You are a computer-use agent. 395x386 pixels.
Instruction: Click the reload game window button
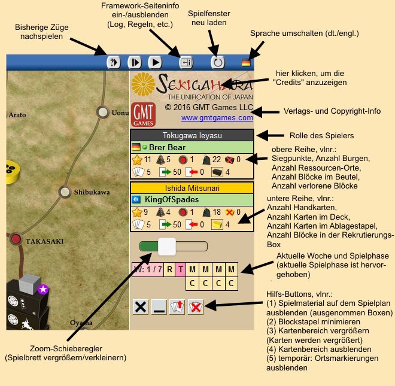218,62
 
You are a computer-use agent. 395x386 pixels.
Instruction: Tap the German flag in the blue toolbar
246,62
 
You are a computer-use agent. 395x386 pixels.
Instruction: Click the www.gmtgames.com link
217,118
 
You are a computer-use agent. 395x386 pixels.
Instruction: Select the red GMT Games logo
143,114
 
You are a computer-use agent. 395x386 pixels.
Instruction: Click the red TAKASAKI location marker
16,239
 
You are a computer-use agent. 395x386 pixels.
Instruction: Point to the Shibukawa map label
92,192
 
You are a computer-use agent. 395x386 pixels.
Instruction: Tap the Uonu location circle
102,112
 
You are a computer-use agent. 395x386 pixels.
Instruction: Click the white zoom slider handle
167,247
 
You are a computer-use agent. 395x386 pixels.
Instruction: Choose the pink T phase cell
180,269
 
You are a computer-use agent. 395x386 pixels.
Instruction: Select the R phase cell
169,269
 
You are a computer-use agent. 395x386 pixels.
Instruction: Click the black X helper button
140,307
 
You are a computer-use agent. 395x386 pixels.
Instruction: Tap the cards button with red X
196,307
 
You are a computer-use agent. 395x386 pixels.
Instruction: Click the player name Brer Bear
167,147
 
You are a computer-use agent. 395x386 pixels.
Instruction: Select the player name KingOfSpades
172,199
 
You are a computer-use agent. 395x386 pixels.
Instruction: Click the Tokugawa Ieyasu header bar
192,135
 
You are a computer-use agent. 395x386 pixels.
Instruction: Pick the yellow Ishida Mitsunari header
192,188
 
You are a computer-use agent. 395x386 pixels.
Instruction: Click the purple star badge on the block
43,289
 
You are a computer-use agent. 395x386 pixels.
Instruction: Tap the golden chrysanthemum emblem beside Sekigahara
143,84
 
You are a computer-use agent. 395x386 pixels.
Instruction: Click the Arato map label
17,115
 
